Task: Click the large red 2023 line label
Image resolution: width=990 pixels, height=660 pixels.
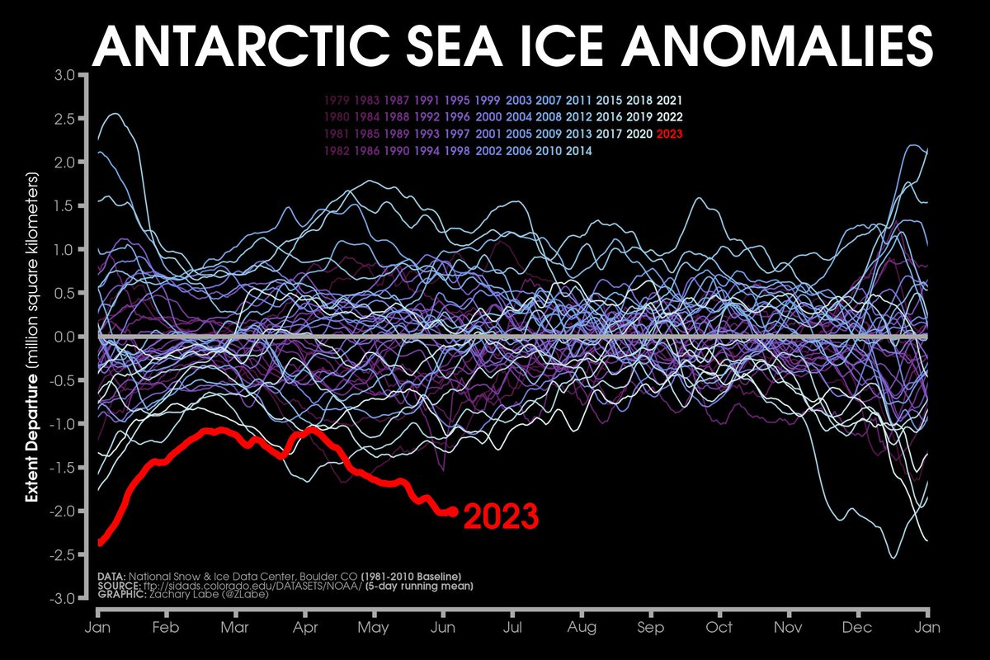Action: [x=501, y=516]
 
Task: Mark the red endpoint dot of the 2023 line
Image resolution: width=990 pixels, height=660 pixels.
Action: [x=452, y=511]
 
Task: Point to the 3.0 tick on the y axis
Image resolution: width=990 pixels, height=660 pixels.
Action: [x=65, y=76]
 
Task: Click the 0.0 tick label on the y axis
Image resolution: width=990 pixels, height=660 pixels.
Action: [x=65, y=337]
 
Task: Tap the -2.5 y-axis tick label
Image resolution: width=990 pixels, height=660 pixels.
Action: [x=63, y=554]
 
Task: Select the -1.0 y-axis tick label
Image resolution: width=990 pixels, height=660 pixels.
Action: [x=63, y=424]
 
